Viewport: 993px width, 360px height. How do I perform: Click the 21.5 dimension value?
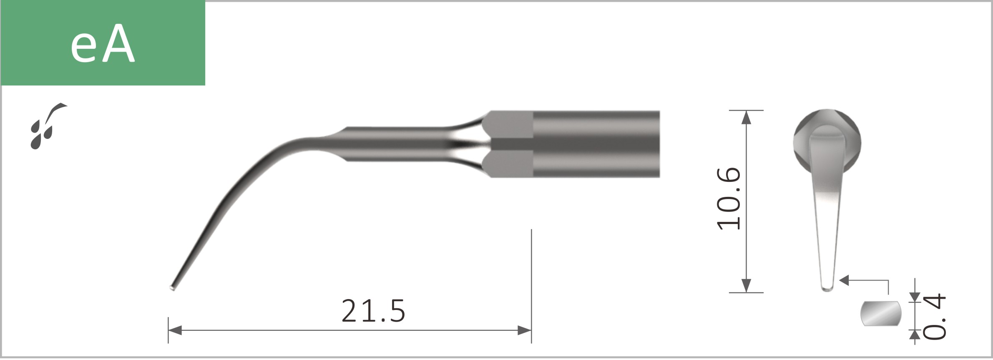pos(373,311)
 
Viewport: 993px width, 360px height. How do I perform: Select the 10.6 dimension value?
pos(729,199)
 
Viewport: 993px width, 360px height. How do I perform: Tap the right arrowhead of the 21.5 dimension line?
pos(524,330)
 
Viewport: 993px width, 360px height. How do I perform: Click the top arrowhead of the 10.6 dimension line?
pos(747,118)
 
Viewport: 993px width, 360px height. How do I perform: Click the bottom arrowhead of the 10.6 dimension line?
pos(747,285)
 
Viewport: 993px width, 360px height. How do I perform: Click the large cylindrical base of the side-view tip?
pos(596,144)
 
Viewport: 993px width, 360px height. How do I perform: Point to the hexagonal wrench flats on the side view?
pos(509,144)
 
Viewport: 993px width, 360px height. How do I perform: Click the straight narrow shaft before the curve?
pos(396,144)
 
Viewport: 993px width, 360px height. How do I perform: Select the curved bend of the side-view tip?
pos(259,167)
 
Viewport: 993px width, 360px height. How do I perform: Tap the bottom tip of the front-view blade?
pos(827,288)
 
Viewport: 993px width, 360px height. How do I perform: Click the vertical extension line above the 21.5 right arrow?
pos(531,271)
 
